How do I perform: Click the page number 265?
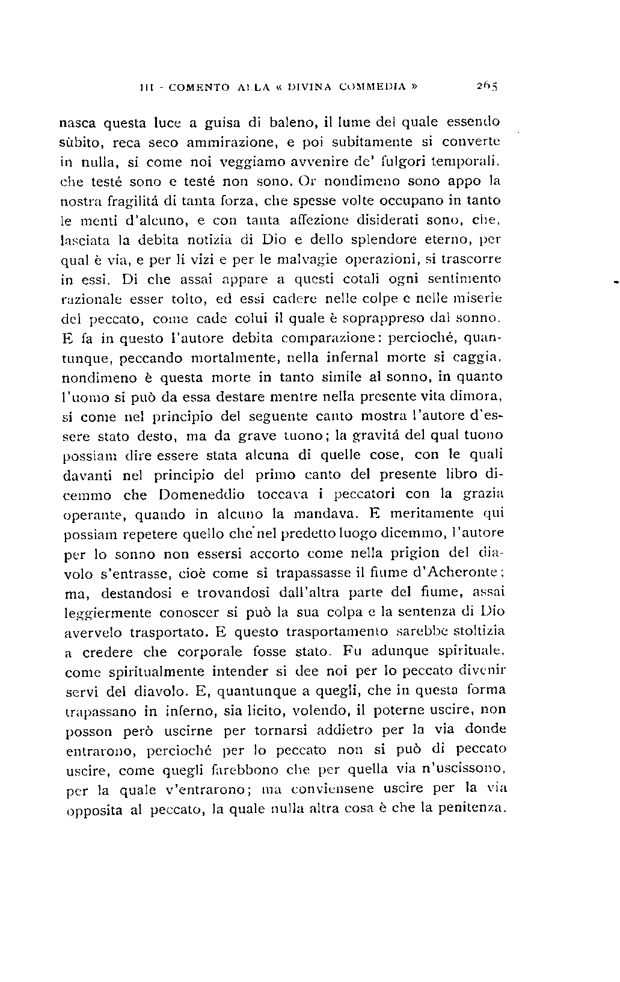tap(484, 86)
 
